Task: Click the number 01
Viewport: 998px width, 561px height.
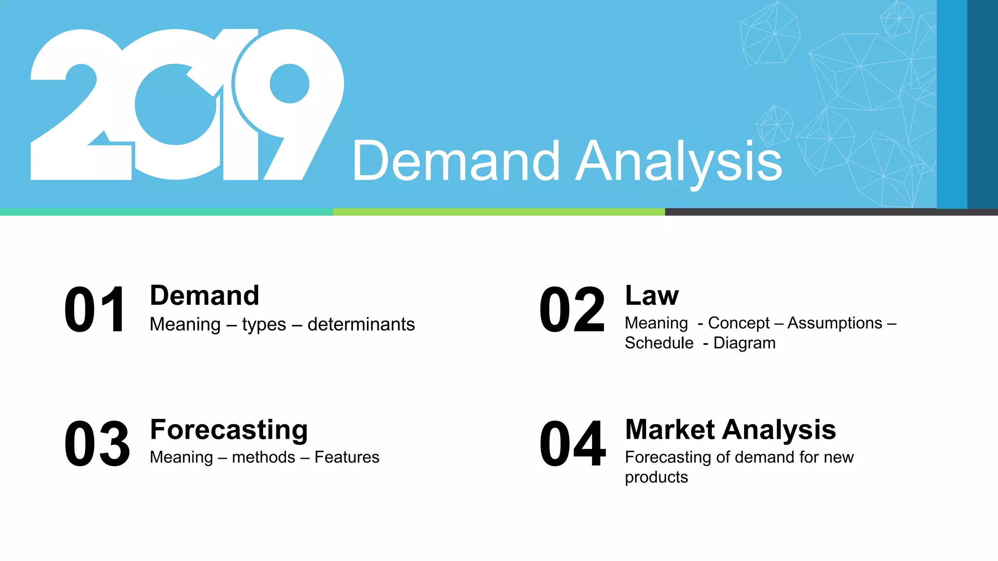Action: pos(96,310)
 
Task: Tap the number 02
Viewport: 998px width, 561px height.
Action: pos(572,310)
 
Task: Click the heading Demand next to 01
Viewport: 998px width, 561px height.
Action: pos(204,296)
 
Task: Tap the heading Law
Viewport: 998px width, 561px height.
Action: pos(652,296)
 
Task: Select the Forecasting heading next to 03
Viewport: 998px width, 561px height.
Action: pos(229,430)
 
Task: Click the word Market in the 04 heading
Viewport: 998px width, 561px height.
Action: pos(670,430)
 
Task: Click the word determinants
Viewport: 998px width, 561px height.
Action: pos(361,324)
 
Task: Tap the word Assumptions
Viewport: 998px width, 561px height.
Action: pos(835,323)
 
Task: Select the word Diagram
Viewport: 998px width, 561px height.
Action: pos(744,343)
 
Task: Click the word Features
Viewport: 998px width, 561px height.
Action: pos(346,457)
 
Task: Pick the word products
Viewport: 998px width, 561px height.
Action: pos(656,477)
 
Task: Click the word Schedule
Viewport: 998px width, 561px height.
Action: pos(659,343)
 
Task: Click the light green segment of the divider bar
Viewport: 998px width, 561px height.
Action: pos(499,212)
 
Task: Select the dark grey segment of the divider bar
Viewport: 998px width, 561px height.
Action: pos(831,212)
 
